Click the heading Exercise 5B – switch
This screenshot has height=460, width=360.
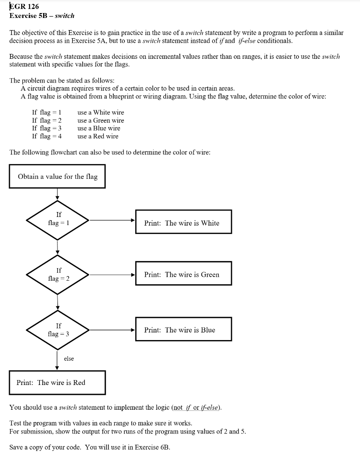click(x=42, y=16)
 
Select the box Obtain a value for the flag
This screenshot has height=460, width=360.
click(x=58, y=177)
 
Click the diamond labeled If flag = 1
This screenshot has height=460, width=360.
click(x=58, y=220)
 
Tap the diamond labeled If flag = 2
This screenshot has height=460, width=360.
click(x=58, y=274)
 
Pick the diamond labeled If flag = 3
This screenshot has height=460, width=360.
click(x=58, y=330)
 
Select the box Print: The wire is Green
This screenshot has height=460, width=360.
click(x=183, y=274)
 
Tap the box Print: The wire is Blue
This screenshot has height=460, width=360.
click(x=183, y=330)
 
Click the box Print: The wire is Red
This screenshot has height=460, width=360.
click(x=57, y=382)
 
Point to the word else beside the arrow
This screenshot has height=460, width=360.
click(x=69, y=358)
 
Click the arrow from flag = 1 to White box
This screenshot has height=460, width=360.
click(x=112, y=221)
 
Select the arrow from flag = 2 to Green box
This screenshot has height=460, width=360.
click(x=112, y=274)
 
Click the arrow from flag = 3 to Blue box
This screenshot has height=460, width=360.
click(x=112, y=330)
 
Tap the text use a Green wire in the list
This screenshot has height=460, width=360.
click(x=100, y=120)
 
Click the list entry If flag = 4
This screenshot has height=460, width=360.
click(x=47, y=136)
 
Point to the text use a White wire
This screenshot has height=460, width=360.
click(x=100, y=112)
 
